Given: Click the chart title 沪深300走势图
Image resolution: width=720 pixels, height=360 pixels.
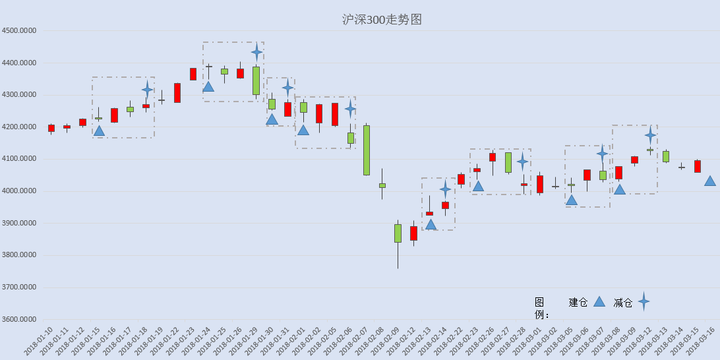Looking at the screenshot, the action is pyautogui.click(x=382, y=20).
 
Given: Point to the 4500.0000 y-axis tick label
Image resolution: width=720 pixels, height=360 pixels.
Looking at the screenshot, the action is pyautogui.click(x=19, y=31).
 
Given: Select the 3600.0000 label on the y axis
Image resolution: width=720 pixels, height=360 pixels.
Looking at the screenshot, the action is pyautogui.click(x=19, y=320).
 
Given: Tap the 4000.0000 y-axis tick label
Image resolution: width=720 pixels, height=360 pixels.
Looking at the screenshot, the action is pyautogui.click(x=19, y=191).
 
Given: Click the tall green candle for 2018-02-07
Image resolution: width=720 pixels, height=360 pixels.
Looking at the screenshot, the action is pyautogui.click(x=367, y=150).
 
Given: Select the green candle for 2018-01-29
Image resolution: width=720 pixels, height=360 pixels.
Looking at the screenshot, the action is pyautogui.click(x=256, y=81).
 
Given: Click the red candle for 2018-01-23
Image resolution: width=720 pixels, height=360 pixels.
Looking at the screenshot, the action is pyautogui.click(x=193, y=74).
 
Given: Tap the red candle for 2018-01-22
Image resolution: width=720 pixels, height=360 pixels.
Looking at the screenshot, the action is pyautogui.click(x=177, y=93).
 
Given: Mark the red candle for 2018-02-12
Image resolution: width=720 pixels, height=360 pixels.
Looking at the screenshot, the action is pyautogui.click(x=413, y=233).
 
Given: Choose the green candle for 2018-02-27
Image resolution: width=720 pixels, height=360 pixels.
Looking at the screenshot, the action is pyautogui.click(x=508, y=163).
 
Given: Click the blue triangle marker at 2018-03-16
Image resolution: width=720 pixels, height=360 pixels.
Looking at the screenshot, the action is pyautogui.click(x=710, y=181).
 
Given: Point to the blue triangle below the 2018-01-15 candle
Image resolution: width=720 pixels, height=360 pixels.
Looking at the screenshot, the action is pyautogui.click(x=99, y=131).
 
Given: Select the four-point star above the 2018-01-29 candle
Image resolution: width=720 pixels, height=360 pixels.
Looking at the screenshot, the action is pyautogui.click(x=256, y=52).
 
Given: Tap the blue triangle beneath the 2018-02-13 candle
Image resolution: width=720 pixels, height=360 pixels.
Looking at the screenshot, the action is pyautogui.click(x=431, y=224).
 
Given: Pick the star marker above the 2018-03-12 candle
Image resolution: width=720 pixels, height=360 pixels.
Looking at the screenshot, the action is pyautogui.click(x=650, y=135).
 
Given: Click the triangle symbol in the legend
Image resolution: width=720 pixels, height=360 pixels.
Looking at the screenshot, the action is pyautogui.click(x=599, y=301).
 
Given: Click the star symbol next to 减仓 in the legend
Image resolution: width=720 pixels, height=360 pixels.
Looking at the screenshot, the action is pyautogui.click(x=644, y=302).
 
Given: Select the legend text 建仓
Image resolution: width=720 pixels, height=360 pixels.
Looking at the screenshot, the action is pyautogui.click(x=578, y=302).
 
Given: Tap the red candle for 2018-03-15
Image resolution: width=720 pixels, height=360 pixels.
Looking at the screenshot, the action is pyautogui.click(x=698, y=166).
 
